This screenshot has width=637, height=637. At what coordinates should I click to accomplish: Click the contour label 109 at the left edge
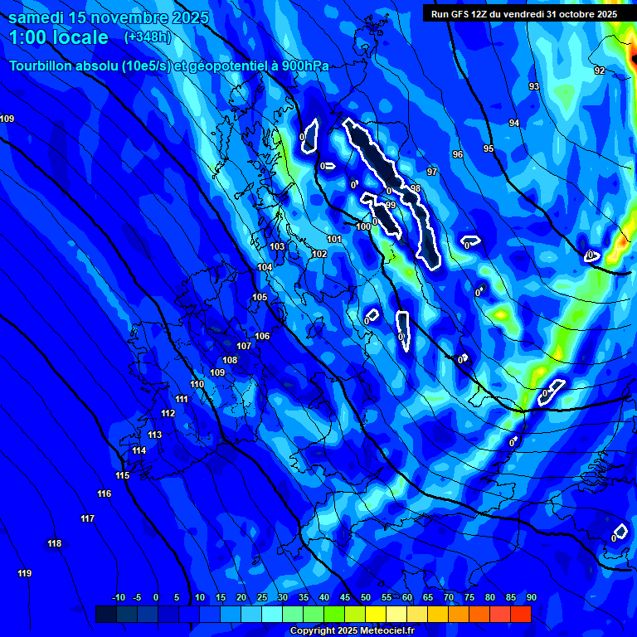click(x=7, y=119)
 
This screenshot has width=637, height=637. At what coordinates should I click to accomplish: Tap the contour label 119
click(x=24, y=574)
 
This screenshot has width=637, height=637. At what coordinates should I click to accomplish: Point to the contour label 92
click(x=600, y=71)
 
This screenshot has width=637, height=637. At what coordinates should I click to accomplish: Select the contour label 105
click(x=260, y=297)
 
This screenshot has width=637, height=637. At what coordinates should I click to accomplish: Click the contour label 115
click(x=123, y=476)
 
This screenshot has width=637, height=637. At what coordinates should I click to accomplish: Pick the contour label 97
click(x=431, y=172)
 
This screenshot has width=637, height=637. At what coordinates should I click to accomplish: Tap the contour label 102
click(x=319, y=255)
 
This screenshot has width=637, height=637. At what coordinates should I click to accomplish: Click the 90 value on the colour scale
click(x=531, y=598)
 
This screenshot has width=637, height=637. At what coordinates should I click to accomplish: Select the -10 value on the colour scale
click(x=118, y=598)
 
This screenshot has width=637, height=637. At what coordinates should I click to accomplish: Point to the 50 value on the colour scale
click(x=366, y=598)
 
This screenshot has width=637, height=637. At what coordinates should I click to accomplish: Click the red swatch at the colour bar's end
click(x=521, y=614)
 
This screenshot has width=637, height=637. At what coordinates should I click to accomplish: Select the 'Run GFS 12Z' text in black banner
click(x=462, y=14)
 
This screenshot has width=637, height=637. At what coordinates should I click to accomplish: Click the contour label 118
click(x=55, y=544)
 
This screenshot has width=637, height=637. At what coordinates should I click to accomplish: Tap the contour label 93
click(x=534, y=87)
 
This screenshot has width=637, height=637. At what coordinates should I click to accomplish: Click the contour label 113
click(x=155, y=435)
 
